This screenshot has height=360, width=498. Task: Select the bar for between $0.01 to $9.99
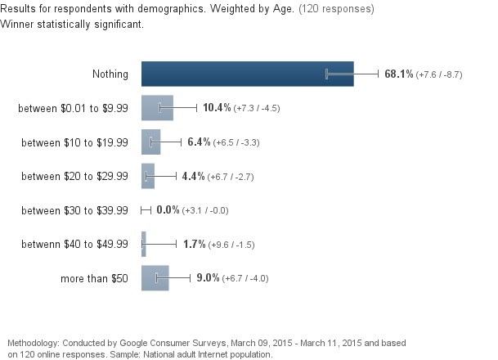(x=156, y=108)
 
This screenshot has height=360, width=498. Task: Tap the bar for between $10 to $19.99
(x=150, y=142)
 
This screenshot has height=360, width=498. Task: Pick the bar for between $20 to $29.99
(x=147, y=176)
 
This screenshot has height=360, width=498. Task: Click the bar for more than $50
(x=155, y=278)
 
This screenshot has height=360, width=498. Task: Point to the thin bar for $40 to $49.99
(x=143, y=244)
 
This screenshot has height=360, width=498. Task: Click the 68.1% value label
(x=398, y=74)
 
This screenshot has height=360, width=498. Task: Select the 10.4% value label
(x=217, y=108)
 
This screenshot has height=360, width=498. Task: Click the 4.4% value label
(x=194, y=176)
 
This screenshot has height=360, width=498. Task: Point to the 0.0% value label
(x=168, y=210)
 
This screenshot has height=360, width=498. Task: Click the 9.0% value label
(x=208, y=278)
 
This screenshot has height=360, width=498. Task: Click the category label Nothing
(x=110, y=74)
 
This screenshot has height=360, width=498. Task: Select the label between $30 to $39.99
(x=74, y=210)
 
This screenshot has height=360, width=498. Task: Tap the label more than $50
(x=95, y=279)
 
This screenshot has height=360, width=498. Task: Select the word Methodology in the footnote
(x=32, y=342)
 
